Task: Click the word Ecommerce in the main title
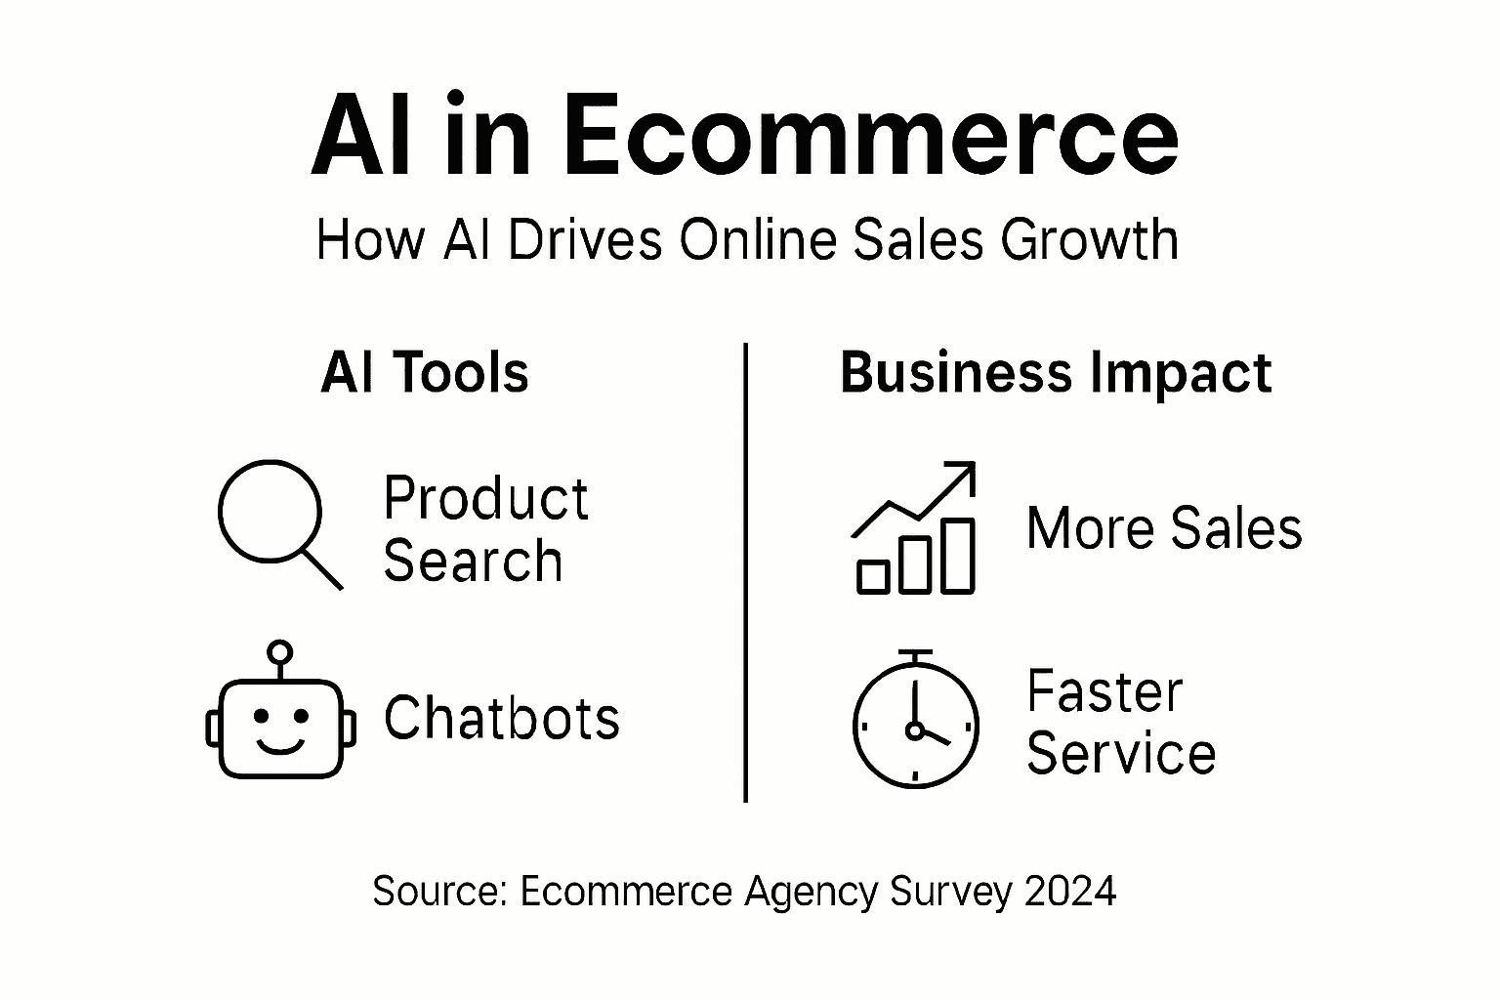click(x=870, y=137)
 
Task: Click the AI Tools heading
click(x=425, y=373)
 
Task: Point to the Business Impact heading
click(x=1056, y=373)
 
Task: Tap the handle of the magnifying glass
click(x=321, y=568)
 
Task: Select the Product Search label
click(x=485, y=529)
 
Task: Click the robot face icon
click(x=280, y=728)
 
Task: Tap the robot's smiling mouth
click(x=279, y=746)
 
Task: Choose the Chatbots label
click(x=501, y=719)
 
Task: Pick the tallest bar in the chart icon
click(x=958, y=556)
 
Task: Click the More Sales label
click(x=1164, y=529)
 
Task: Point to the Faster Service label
click(x=1120, y=723)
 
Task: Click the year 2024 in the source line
click(x=1070, y=892)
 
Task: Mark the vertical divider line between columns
click(x=746, y=571)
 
